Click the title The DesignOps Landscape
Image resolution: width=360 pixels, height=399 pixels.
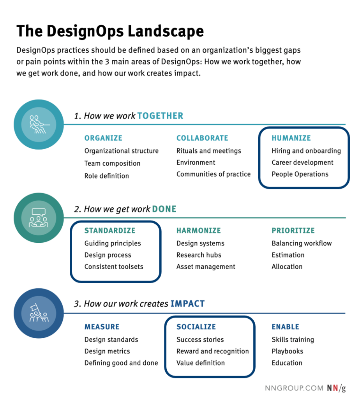pyautogui.click(x=110, y=31)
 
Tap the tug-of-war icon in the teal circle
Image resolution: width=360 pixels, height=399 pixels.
pyautogui.click(x=39, y=124)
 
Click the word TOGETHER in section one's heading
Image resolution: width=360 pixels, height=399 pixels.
pyautogui.click(x=160, y=116)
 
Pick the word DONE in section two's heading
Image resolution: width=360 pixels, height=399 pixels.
pyautogui.click(x=164, y=209)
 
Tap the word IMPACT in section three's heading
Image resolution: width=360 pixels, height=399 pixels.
pyautogui.click(x=187, y=304)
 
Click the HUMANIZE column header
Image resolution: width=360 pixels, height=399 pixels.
pyautogui.click(x=291, y=138)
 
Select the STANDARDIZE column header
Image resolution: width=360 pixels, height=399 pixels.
pyautogui.click(x=110, y=231)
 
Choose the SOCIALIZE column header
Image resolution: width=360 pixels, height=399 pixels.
pyautogui.click(x=196, y=327)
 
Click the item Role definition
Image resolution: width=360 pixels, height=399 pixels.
pyautogui.click(x=107, y=176)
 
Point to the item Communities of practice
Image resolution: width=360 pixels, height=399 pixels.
pyautogui.click(x=214, y=174)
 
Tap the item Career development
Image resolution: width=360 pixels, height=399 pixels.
pyautogui.click(x=302, y=162)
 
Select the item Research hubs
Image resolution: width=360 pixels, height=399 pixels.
pyautogui.click(x=199, y=255)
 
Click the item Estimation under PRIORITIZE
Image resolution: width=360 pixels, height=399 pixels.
pyautogui.click(x=288, y=255)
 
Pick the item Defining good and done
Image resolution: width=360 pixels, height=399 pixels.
pyautogui.click(x=121, y=363)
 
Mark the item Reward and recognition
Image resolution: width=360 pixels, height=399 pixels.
pyautogui.click(x=213, y=351)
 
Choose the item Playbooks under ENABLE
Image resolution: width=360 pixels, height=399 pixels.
pyautogui.click(x=288, y=351)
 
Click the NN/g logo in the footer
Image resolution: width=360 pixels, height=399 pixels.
pyautogui.click(x=336, y=388)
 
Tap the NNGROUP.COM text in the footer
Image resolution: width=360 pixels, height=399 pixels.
pyautogui.click(x=294, y=388)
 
